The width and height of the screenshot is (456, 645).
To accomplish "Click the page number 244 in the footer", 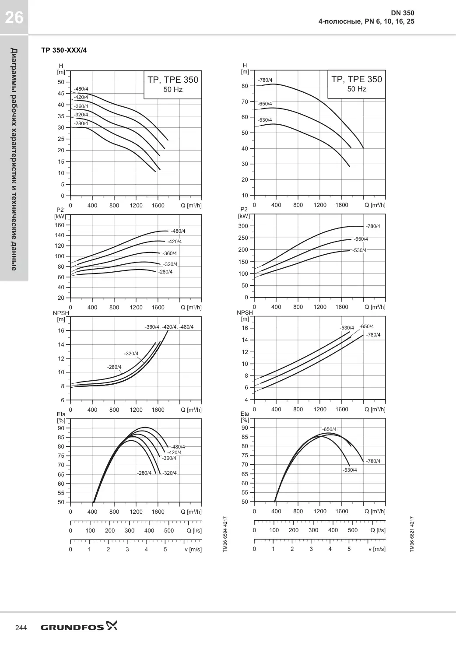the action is tap(21, 628).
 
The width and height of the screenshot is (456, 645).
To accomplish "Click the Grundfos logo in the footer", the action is tap(79, 626).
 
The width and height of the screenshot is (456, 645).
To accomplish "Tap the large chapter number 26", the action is tap(14, 18).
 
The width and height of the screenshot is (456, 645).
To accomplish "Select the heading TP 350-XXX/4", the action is tap(64, 50).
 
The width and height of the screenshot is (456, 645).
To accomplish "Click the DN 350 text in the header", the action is tap(403, 13).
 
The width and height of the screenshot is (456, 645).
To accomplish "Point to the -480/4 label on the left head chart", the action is tap(81, 89).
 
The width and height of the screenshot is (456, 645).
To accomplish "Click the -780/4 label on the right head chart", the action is tap(265, 80).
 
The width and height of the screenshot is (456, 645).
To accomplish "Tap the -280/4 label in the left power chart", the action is tap(165, 272).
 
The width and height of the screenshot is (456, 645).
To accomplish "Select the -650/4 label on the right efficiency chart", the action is tap(329, 429).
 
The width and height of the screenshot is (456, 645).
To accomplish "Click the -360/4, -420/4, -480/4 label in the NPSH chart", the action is tap(169, 327).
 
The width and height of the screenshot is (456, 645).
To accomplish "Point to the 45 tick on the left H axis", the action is tap(61, 93).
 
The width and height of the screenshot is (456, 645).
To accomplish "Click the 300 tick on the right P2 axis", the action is tap(243, 226).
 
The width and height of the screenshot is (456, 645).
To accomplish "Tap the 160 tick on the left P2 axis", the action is tap(60, 225).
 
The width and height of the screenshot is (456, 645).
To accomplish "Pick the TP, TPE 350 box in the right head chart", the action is tap(356, 84).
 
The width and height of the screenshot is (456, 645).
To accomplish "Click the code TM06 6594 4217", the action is tap(225, 534).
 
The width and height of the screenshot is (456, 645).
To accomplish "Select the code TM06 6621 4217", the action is tap(412, 534).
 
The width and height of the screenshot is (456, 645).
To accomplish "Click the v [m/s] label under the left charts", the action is tap(193, 550).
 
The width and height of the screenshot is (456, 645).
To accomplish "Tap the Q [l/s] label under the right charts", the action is tap(378, 530).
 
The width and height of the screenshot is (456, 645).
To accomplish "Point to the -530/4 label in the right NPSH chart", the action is tap(347, 328).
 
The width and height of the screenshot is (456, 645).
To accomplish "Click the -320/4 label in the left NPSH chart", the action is tap(131, 353).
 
